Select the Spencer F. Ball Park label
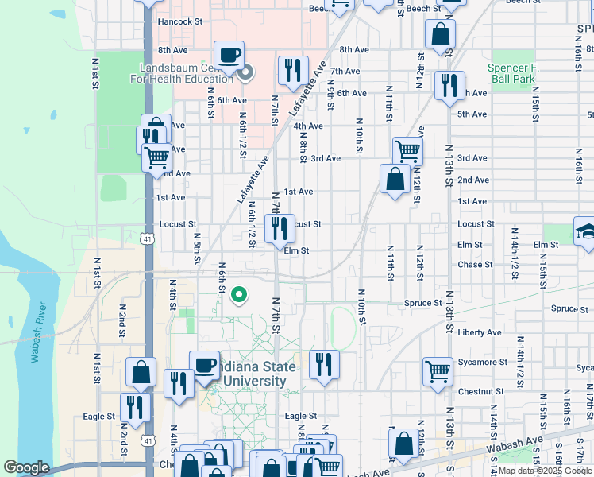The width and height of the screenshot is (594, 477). (513, 74)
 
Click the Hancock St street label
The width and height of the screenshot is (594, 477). (179, 22)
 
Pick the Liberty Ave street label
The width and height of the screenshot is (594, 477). (480, 332)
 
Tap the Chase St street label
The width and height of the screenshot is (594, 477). (476, 265)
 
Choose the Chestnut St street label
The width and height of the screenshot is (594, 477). (481, 391)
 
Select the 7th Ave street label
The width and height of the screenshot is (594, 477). (346, 71)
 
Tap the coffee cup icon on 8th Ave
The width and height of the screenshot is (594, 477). (229, 55)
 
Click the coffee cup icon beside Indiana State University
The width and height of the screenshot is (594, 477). (205, 365)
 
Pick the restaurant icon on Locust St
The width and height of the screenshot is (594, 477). (280, 229)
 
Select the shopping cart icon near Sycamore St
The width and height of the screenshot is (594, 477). (438, 371)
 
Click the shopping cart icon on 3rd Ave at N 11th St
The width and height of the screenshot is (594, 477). (407, 150)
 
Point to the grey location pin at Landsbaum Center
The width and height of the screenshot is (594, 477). (245, 74)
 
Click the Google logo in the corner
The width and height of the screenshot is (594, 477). (25, 468)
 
